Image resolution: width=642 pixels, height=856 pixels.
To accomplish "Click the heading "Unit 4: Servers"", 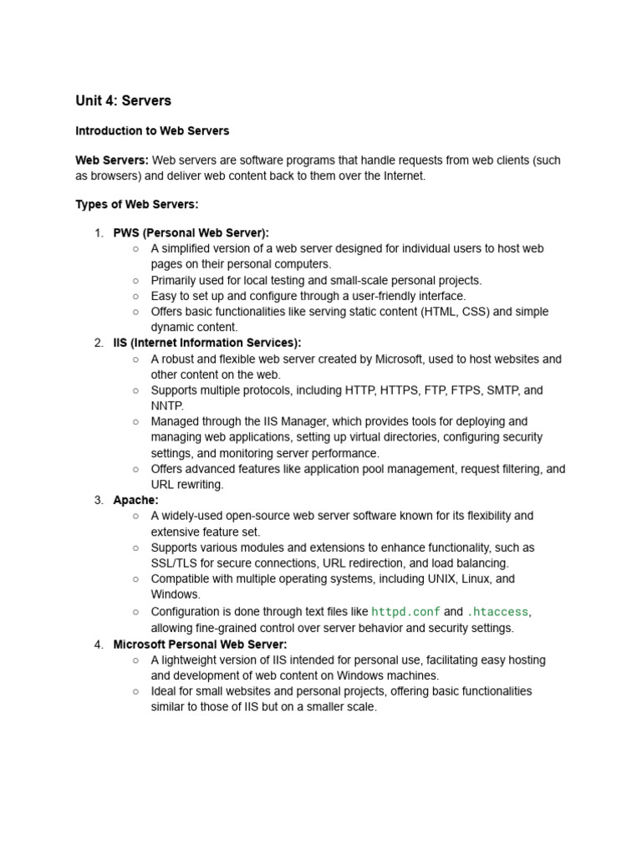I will pos(123,101).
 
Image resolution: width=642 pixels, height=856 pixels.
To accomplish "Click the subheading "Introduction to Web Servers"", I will pos(152,131).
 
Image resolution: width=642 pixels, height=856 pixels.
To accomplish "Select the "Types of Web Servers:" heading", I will pos(137,205).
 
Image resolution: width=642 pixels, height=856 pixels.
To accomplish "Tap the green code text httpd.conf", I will pos(405,612).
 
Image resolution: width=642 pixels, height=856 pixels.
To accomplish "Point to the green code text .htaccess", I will pos(497,612).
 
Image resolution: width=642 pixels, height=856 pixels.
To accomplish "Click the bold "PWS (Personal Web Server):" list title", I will pos(191,233).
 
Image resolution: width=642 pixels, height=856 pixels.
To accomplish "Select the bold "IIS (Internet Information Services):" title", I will pos(207,343).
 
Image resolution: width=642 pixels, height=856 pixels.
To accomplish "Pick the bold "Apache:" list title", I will pos(135,501).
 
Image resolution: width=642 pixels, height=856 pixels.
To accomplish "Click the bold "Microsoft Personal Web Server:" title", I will pos(200,645).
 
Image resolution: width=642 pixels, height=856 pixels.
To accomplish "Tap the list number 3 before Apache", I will pos(99,501).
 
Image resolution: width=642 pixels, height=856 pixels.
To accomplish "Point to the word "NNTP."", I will pos(167,406).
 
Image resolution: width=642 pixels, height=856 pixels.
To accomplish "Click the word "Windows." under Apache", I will pos(176,594).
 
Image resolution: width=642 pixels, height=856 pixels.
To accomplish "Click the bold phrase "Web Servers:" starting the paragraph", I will pos(112,160).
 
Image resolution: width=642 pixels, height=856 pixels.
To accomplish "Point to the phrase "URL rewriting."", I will pos(187,485).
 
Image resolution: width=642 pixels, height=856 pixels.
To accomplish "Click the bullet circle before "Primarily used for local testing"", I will pos(135,281).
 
